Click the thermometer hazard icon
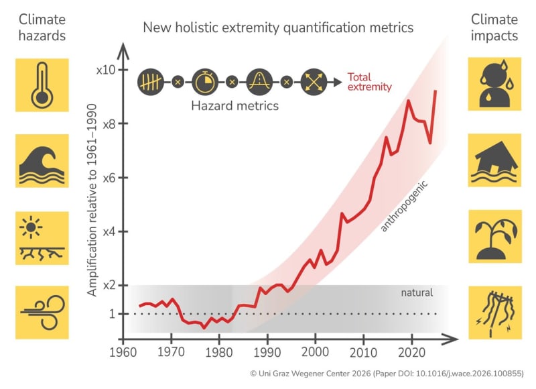point(42,85)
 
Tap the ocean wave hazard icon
point(42,160)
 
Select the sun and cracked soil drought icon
point(42,237)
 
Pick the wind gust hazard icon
point(42,312)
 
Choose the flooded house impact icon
point(494,160)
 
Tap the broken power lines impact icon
point(494,312)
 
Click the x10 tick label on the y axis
point(106,70)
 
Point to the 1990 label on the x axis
point(266,352)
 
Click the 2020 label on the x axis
point(410,352)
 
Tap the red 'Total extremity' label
point(369,81)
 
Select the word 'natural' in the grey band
point(417,292)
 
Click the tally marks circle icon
point(150,82)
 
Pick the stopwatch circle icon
point(204,82)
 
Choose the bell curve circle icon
point(259,82)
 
